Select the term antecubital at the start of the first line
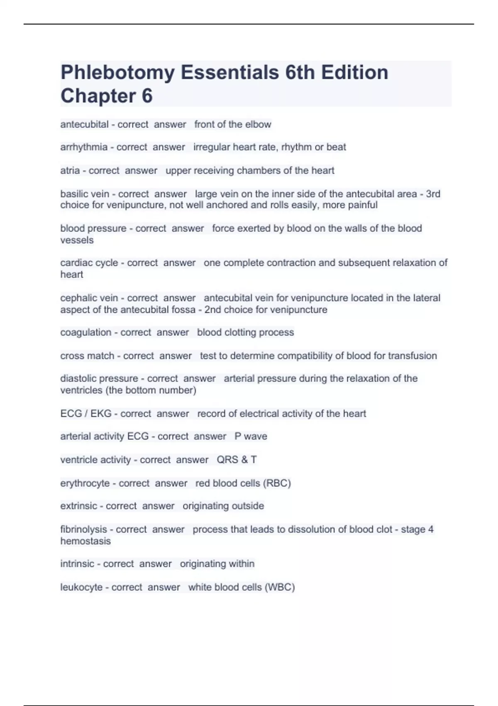click(84, 125)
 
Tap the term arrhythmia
click(84, 147)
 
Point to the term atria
click(70, 171)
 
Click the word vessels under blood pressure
click(77, 240)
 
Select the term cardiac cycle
click(89, 263)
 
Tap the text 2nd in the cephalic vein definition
click(212, 310)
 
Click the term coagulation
click(85, 333)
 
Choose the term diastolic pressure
click(99, 379)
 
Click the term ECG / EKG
click(86, 414)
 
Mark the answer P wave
click(251, 436)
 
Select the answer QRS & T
click(237, 460)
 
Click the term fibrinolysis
click(83, 529)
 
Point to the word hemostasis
click(85, 541)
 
